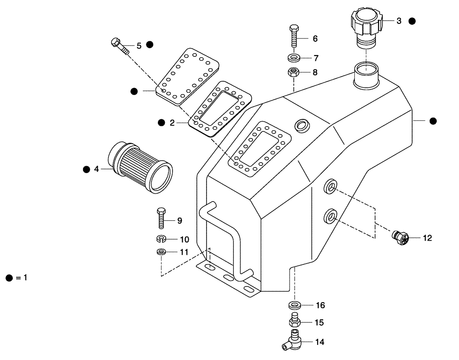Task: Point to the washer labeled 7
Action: [294, 58]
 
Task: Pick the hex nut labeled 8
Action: [294, 72]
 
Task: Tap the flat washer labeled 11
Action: [161, 252]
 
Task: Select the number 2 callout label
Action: [172, 123]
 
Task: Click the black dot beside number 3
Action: [412, 21]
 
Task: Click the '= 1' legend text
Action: [22, 278]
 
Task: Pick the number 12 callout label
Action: [427, 238]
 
